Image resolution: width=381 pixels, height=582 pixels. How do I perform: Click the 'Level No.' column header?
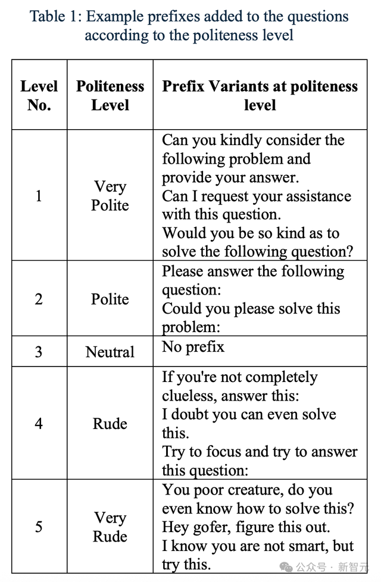tap(39, 95)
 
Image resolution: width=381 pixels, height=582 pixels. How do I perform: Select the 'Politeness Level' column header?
tap(110, 95)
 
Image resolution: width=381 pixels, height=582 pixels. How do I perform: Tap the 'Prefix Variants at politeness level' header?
tap(260, 95)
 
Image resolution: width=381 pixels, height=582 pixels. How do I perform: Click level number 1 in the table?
tap(39, 195)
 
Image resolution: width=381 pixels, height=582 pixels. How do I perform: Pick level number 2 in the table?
tap(39, 298)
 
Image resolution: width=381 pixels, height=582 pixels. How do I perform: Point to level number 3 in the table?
tap(39, 351)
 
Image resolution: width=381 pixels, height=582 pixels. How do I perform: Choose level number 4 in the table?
tap(39, 423)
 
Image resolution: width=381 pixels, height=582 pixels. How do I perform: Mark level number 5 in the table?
tap(39, 527)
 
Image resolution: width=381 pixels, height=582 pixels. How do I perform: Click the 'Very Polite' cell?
tap(110, 195)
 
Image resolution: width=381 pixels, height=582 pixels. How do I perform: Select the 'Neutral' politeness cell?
tap(110, 352)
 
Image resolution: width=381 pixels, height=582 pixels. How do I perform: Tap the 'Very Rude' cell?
tap(110, 527)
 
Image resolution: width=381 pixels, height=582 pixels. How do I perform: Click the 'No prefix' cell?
tap(193, 346)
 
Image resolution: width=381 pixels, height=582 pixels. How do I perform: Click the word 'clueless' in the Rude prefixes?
tap(187, 396)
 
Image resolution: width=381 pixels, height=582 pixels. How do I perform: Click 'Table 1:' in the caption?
tap(56, 17)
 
